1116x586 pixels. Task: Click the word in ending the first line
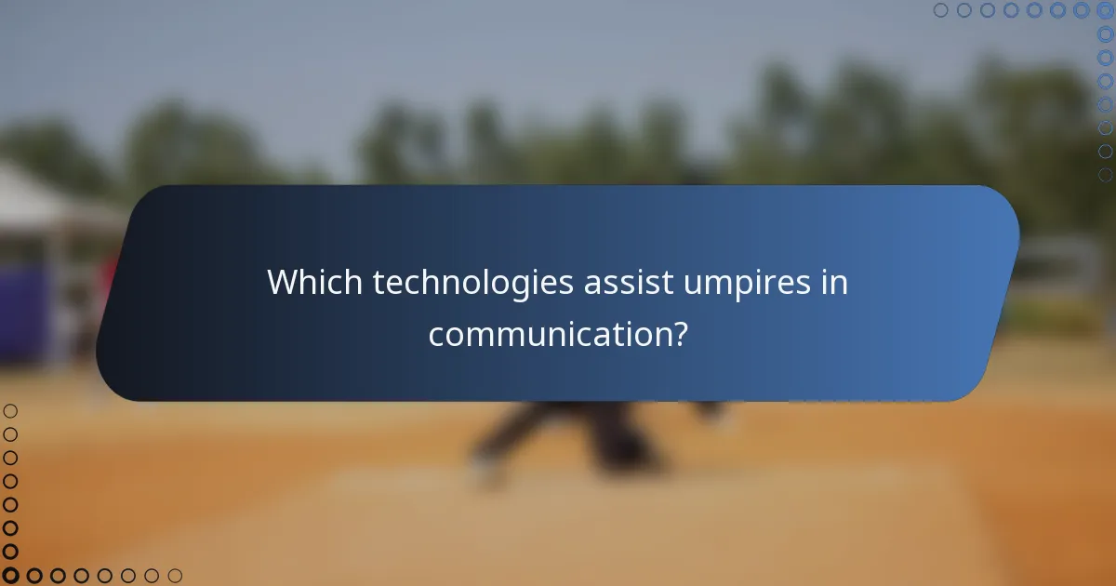tap(834, 283)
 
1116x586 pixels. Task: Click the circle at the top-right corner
tap(1105, 10)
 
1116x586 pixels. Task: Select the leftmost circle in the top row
tap(940, 10)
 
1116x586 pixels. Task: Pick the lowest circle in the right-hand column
tap(1105, 175)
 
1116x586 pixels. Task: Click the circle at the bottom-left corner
tap(10, 576)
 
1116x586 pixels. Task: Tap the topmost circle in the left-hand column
tap(10, 410)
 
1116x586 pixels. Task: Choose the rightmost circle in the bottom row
tap(175, 576)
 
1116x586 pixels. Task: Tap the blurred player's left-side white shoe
tap(485, 470)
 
